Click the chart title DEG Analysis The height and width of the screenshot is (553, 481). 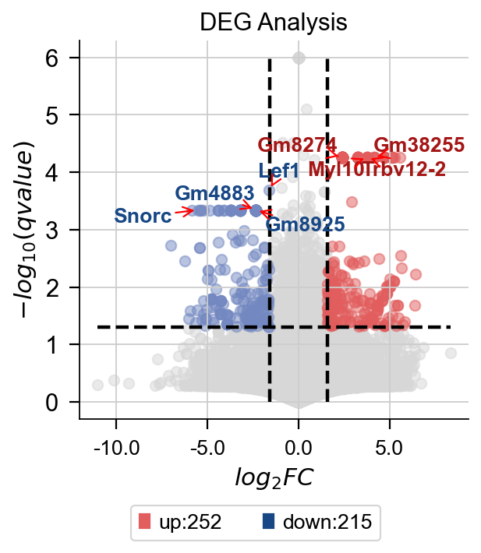coord(273,23)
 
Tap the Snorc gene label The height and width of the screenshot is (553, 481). coord(143,216)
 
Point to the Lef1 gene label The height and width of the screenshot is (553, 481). coord(279,171)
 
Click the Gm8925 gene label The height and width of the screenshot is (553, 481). coord(305,225)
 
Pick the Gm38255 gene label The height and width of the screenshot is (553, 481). coord(419,145)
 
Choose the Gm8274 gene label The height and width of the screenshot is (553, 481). coord(297,145)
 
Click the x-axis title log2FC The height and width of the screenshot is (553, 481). coord(274,477)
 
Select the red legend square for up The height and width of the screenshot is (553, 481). coord(143,522)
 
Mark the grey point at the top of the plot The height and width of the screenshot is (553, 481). coord(299,58)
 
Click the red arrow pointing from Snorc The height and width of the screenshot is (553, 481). coord(183,211)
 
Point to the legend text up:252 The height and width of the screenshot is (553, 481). coord(190,522)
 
